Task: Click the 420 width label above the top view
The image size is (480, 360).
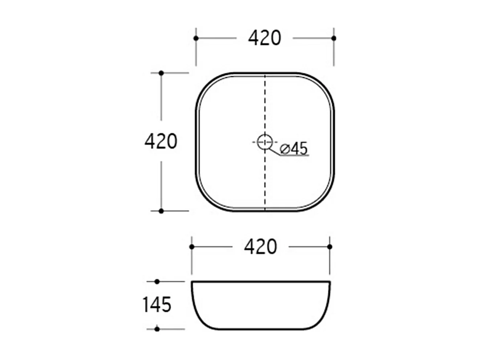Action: pos(265,38)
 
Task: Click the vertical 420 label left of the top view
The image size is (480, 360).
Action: pos(161,141)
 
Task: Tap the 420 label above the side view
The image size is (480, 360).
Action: pos(261,247)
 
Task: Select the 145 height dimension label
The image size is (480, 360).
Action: pos(157,304)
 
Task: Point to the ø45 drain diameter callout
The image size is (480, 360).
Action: pos(294,149)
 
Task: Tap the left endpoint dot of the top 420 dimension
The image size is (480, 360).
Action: pos(196,38)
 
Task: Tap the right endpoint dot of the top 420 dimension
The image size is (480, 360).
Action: pos(334,38)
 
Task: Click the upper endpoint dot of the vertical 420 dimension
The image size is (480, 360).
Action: pos(161,73)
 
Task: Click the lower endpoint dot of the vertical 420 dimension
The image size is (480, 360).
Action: pos(161,211)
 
